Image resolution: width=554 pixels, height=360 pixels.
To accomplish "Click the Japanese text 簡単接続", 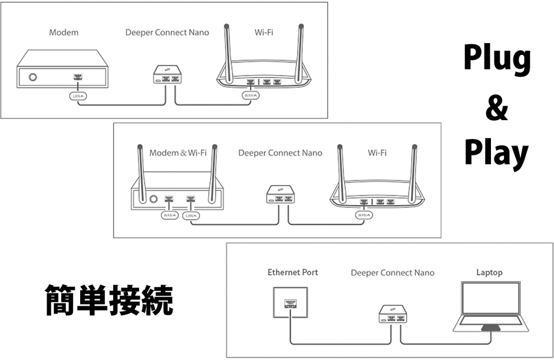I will [x=109, y=300].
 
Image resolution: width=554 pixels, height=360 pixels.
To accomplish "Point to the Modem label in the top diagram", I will [x=64, y=32].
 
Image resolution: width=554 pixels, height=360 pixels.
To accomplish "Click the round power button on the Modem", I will [x=33, y=77].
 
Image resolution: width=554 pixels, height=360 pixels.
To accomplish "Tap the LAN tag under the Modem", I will [x=78, y=95].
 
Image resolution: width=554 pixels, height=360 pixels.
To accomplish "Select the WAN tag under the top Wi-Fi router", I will [x=250, y=95].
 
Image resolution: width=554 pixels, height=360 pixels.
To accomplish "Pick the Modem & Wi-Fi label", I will [x=177, y=153].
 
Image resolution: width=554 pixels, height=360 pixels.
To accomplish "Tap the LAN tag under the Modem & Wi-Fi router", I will [x=191, y=216].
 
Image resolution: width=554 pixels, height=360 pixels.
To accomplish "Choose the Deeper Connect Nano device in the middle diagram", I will [x=280, y=195].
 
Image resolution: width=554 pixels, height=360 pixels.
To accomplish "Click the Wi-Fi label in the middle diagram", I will [x=377, y=153].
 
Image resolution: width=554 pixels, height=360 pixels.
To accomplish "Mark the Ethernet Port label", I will [x=293, y=272].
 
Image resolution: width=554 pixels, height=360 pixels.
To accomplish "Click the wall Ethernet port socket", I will [x=289, y=303].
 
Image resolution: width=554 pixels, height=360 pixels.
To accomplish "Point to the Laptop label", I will [x=489, y=272].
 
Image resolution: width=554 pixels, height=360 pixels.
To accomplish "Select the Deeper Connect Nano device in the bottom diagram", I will [x=394, y=315].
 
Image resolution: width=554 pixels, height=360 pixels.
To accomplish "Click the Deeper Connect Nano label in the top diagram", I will [x=167, y=32].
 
